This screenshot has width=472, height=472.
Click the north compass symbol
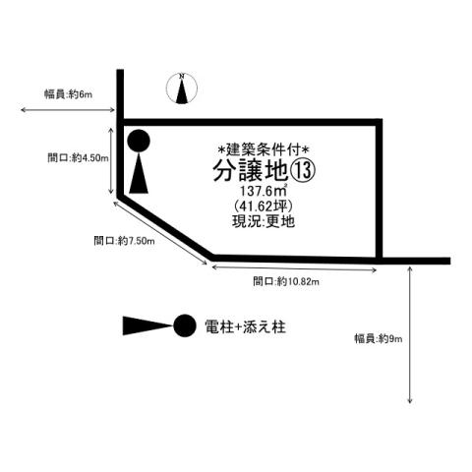[182, 88]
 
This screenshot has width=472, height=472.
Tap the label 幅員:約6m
[68, 94]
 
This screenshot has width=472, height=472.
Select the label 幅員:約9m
[378, 338]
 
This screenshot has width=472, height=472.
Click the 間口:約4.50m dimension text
[78, 158]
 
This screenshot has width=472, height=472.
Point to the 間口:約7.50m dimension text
[124, 241]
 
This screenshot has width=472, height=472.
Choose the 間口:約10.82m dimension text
[286, 281]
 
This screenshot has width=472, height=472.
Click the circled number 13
[303, 171]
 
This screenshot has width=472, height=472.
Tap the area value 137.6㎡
[264, 191]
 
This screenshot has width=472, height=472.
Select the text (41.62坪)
[264, 206]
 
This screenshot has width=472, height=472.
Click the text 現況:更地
[264, 221]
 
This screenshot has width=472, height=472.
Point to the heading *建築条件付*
[264, 150]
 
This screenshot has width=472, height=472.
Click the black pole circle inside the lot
[139, 141]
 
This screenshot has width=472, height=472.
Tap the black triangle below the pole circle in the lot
[139, 173]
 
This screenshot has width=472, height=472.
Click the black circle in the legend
[185, 325]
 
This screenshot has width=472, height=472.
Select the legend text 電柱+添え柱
[245, 326]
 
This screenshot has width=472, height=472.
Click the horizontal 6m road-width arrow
[68, 110]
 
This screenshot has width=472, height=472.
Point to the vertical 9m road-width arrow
[410, 335]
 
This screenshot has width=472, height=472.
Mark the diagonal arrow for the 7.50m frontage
[160, 233]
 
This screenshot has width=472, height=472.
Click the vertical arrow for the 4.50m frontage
[111, 161]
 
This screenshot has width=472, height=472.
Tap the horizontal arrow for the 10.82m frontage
[294, 268]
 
